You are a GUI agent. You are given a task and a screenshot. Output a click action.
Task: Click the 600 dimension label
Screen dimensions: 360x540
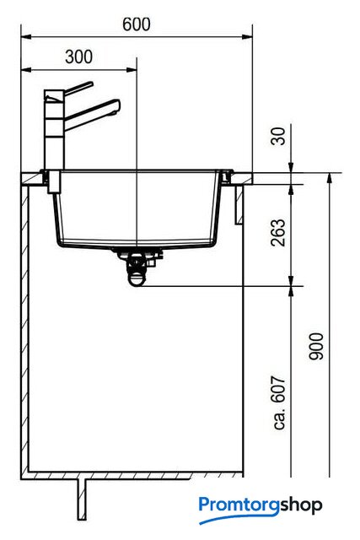(137, 24)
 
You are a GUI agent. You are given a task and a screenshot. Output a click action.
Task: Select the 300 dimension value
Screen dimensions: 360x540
(78, 57)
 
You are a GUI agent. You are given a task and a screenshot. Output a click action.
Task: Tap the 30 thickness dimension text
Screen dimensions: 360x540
(278, 136)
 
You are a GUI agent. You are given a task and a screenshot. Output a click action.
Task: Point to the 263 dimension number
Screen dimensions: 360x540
(278, 233)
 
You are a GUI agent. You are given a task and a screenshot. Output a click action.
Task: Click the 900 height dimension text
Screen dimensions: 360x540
(316, 347)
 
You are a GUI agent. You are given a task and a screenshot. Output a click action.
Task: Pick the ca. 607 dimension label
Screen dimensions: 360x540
(279, 403)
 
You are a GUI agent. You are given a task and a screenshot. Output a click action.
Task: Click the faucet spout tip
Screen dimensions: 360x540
(117, 106)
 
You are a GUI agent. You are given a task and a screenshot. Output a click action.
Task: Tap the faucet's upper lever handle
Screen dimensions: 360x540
(78, 88)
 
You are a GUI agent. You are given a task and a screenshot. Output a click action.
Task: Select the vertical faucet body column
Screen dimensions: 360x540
(54, 130)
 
